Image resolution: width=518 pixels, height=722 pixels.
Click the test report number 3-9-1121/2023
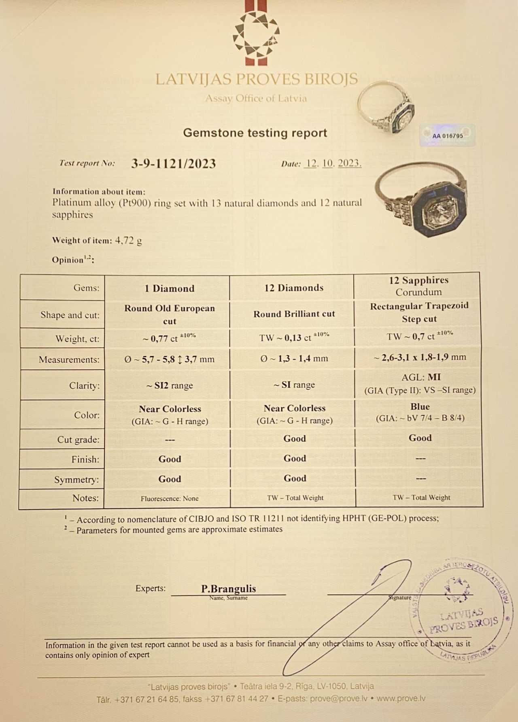pos(173,163)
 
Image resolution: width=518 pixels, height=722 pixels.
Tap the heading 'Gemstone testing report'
pos(255,133)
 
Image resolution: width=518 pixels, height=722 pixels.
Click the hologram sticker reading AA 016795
pos(447,136)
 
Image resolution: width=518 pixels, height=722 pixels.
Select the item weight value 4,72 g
pos(128,241)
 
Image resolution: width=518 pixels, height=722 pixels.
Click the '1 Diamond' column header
pos(170,288)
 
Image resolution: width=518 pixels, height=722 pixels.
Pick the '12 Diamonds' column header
pos(294,288)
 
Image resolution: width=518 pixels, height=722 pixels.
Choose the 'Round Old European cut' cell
pos(170,314)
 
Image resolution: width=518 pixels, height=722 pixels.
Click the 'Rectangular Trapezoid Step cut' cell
pos(419,312)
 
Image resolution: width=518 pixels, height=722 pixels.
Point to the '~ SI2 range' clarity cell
pos(170,385)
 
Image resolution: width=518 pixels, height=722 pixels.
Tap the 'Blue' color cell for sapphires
pos(420,407)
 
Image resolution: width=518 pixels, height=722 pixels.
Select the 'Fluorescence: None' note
pos(170,498)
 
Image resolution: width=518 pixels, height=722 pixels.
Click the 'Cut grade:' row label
pos(78,440)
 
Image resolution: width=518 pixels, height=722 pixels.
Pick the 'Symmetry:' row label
pos(76,480)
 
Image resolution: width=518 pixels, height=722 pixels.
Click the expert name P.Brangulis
pos(229,589)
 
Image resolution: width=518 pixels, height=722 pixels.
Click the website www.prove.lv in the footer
pos(401,699)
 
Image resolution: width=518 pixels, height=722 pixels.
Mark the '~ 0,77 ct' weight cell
pos(169,338)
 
